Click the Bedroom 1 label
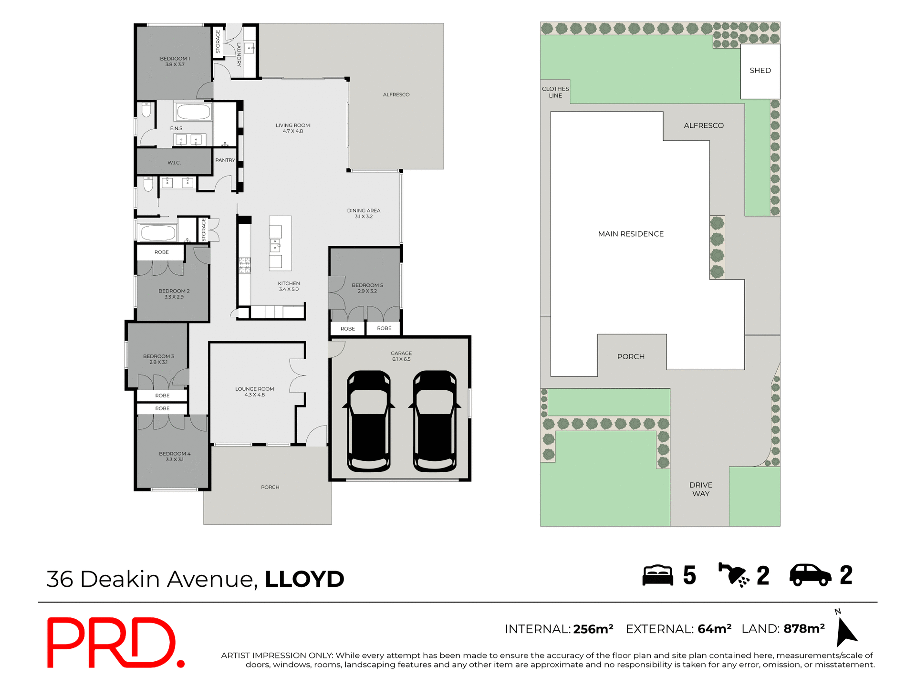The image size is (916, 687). click(x=175, y=62)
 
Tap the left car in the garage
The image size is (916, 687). click(x=369, y=421)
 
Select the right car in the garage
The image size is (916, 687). click(x=435, y=421)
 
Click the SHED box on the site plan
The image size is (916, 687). click(x=760, y=71)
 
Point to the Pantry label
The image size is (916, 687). click(x=225, y=160)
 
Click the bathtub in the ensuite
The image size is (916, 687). click(x=193, y=113)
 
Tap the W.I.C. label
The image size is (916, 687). click(x=174, y=163)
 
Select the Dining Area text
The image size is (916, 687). click(x=364, y=213)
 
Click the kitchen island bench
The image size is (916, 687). click(x=280, y=243)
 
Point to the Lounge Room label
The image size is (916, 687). click(x=254, y=392)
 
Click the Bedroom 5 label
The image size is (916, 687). click(x=367, y=288)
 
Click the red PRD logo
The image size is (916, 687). click(x=114, y=643)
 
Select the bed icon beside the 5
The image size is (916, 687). click(x=657, y=575)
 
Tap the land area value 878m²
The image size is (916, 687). click(x=804, y=629)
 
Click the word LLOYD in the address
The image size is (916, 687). click(x=304, y=579)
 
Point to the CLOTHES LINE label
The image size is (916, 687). click(x=555, y=92)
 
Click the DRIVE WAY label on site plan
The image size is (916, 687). click(x=700, y=489)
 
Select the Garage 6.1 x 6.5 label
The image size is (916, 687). click(x=401, y=356)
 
